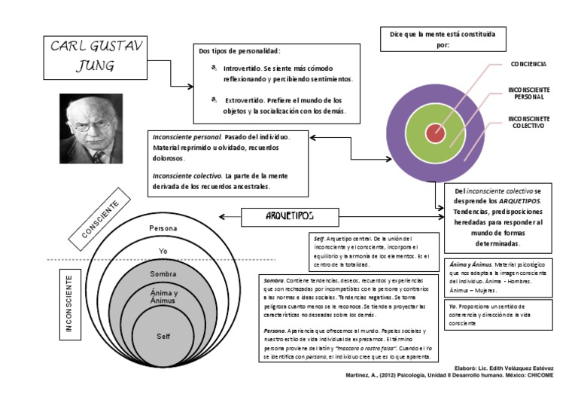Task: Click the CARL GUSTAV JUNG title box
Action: (x=93, y=56)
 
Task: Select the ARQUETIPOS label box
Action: (x=290, y=217)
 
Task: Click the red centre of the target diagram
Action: (x=434, y=133)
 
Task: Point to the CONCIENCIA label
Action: (x=528, y=65)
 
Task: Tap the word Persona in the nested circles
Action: (x=163, y=227)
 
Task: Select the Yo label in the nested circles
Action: (x=163, y=250)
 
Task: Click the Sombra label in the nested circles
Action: (x=163, y=273)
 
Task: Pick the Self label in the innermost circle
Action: (x=163, y=336)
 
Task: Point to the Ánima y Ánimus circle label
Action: (x=163, y=296)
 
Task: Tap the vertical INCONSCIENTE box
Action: (x=69, y=304)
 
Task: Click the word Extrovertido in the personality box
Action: (x=245, y=99)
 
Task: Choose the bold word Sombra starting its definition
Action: (x=274, y=279)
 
